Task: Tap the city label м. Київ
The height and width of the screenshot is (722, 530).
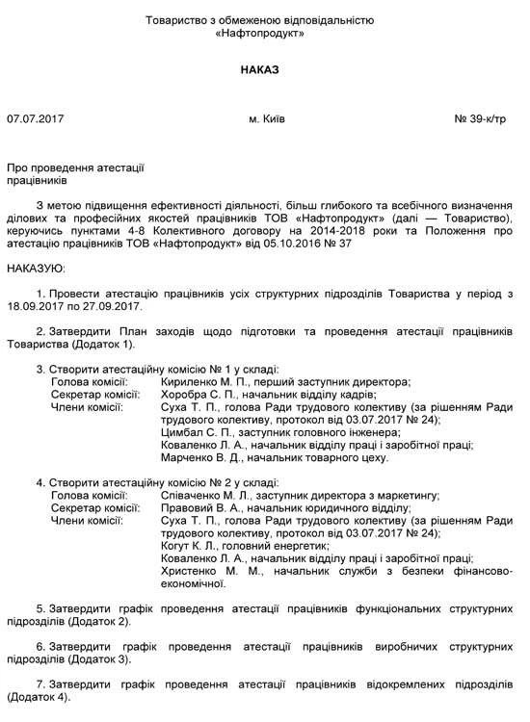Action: point(266,120)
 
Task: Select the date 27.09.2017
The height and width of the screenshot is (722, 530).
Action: point(116,305)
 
